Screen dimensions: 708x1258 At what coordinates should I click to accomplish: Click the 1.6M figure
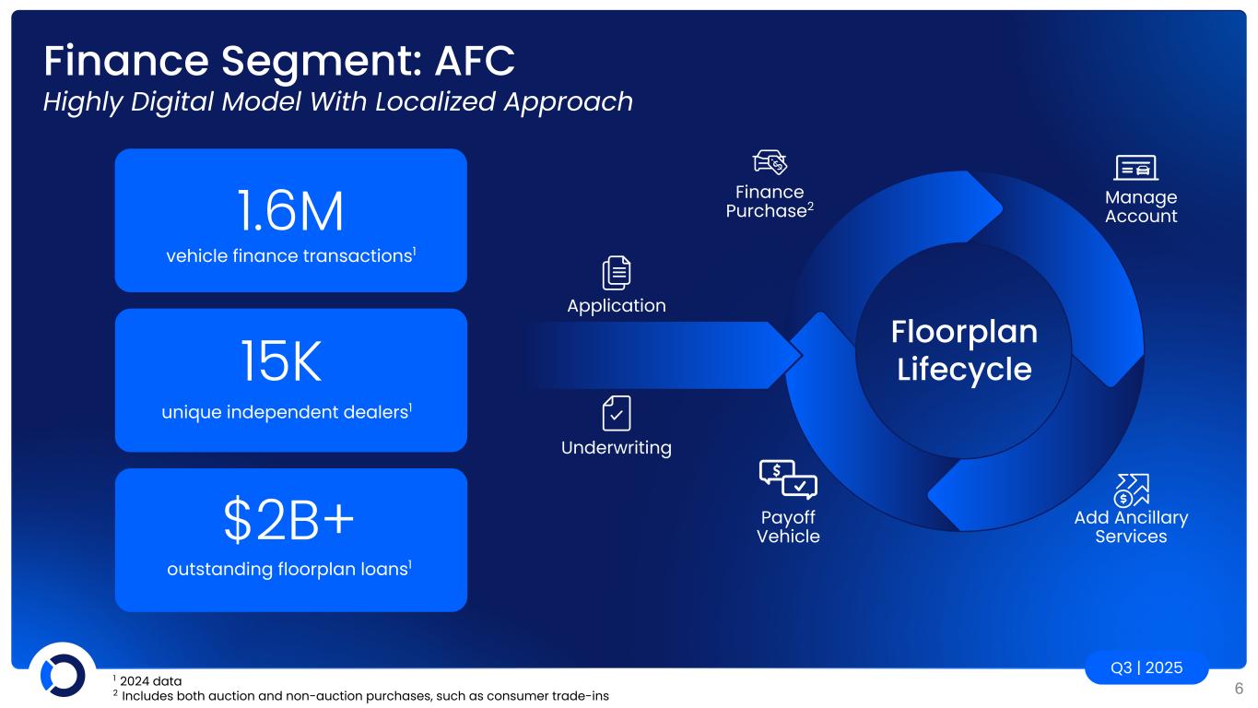[289, 211]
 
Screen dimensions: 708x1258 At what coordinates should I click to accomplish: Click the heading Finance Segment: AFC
[278, 61]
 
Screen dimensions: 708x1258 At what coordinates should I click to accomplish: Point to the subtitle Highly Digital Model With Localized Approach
[338, 101]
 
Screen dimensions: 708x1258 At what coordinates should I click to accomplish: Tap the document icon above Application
[617, 273]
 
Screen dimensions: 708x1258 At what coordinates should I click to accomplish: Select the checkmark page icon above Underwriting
[617, 413]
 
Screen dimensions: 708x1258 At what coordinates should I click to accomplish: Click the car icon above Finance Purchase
[770, 162]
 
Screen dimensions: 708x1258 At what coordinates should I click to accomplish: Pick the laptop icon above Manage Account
[1136, 168]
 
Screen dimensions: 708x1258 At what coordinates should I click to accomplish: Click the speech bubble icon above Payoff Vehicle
[787, 478]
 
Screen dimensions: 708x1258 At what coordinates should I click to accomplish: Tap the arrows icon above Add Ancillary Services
[1131, 490]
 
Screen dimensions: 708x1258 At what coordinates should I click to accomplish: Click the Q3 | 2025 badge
[1146, 667]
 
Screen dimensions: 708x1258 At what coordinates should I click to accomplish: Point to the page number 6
[1239, 688]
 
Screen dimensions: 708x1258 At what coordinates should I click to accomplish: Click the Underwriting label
[617, 448]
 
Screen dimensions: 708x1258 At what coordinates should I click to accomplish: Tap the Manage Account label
[1141, 206]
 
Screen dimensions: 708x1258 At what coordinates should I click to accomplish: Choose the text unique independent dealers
[286, 412]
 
